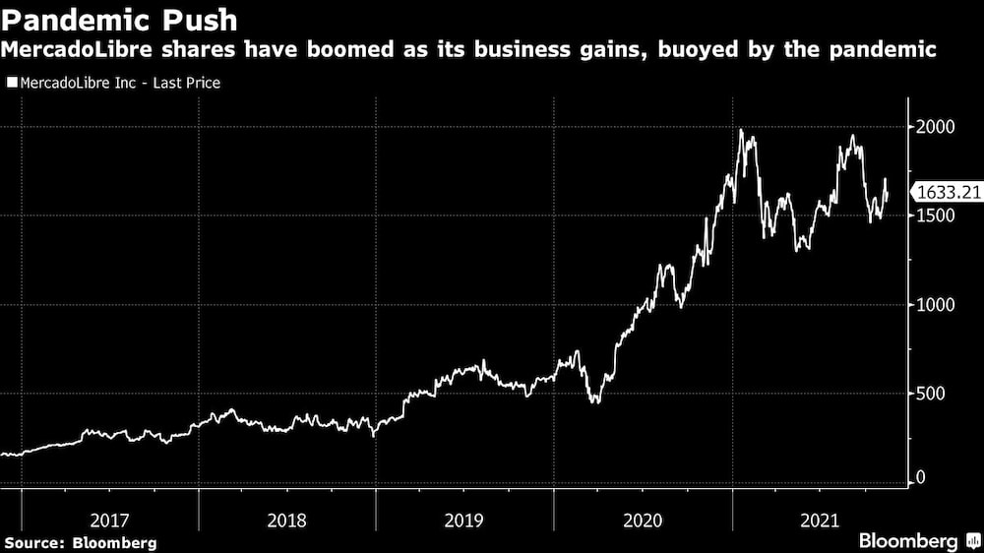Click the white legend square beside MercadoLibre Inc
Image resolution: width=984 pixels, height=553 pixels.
[11, 84]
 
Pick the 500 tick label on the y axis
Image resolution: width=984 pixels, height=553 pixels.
[930, 394]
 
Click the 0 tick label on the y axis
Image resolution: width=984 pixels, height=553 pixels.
[921, 478]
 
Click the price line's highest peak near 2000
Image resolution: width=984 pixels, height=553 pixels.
[741, 131]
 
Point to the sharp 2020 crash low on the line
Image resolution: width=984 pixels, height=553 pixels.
[593, 401]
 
